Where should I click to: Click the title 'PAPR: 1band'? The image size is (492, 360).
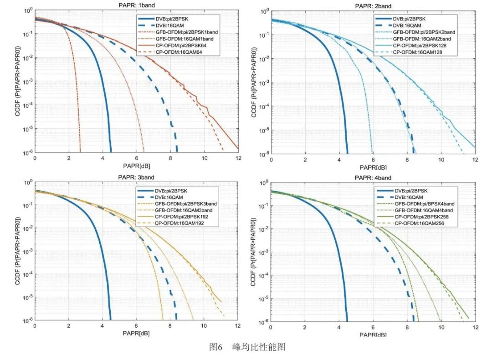point(136,6)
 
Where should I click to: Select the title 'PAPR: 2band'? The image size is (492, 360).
point(373,6)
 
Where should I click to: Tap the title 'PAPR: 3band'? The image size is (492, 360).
point(136,177)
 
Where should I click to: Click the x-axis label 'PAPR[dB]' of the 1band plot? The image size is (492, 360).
point(136,165)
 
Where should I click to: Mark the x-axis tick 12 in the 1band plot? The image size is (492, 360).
point(238,158)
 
